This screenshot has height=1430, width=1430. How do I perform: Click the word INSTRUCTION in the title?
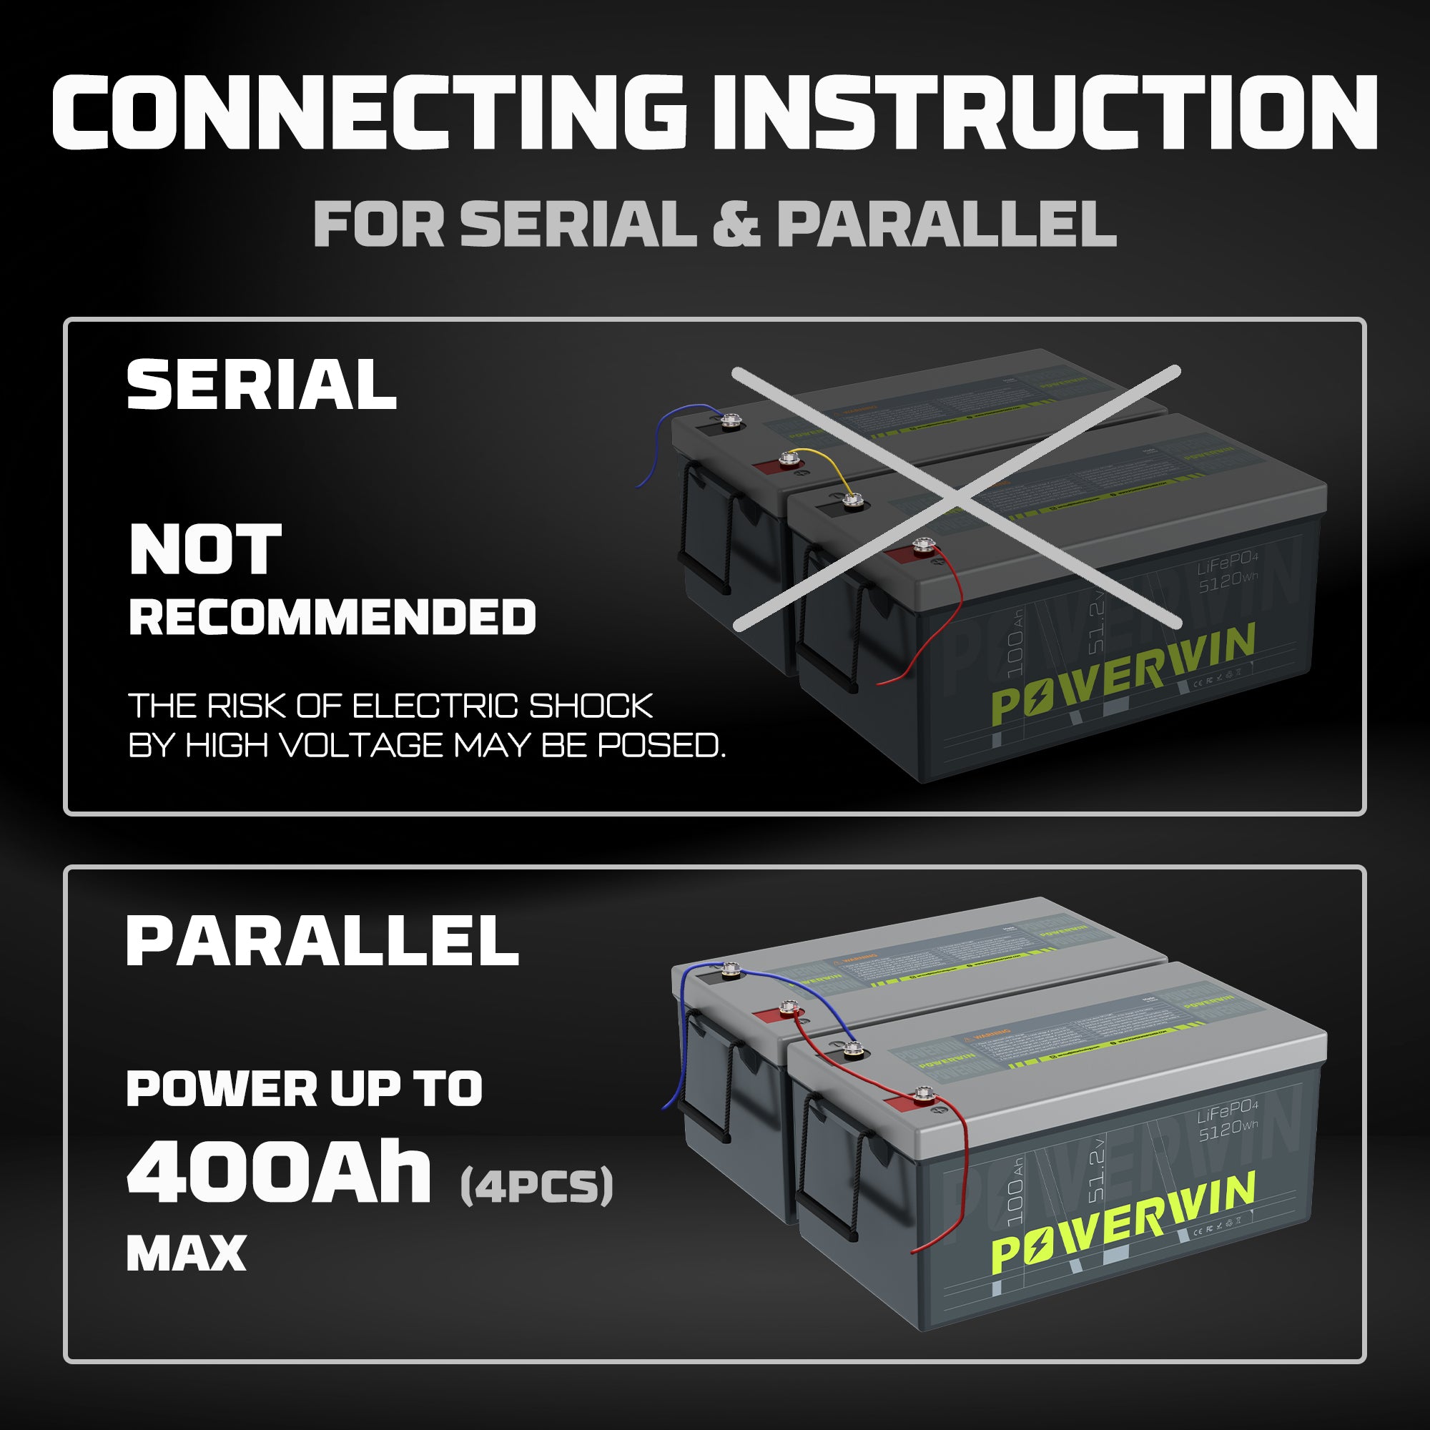(x=1045, y=112)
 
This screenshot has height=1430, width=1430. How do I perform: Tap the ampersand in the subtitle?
(x=736, y=224)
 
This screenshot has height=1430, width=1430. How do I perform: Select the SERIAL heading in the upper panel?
(x=261, y=384)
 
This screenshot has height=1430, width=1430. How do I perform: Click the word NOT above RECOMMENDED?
(x=205, y=549)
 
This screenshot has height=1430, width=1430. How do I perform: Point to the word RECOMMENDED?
(x=332, y=617)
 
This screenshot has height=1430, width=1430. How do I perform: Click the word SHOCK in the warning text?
(x=591, y=706)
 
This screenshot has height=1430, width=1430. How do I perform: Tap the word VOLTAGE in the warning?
(x=363, y=745)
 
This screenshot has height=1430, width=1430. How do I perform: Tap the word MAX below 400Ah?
(x=186, y=1254)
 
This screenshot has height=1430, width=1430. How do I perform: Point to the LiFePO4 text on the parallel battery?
(x=1227, y=1114)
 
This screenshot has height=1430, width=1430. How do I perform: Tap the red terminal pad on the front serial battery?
(x=897, y=555)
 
